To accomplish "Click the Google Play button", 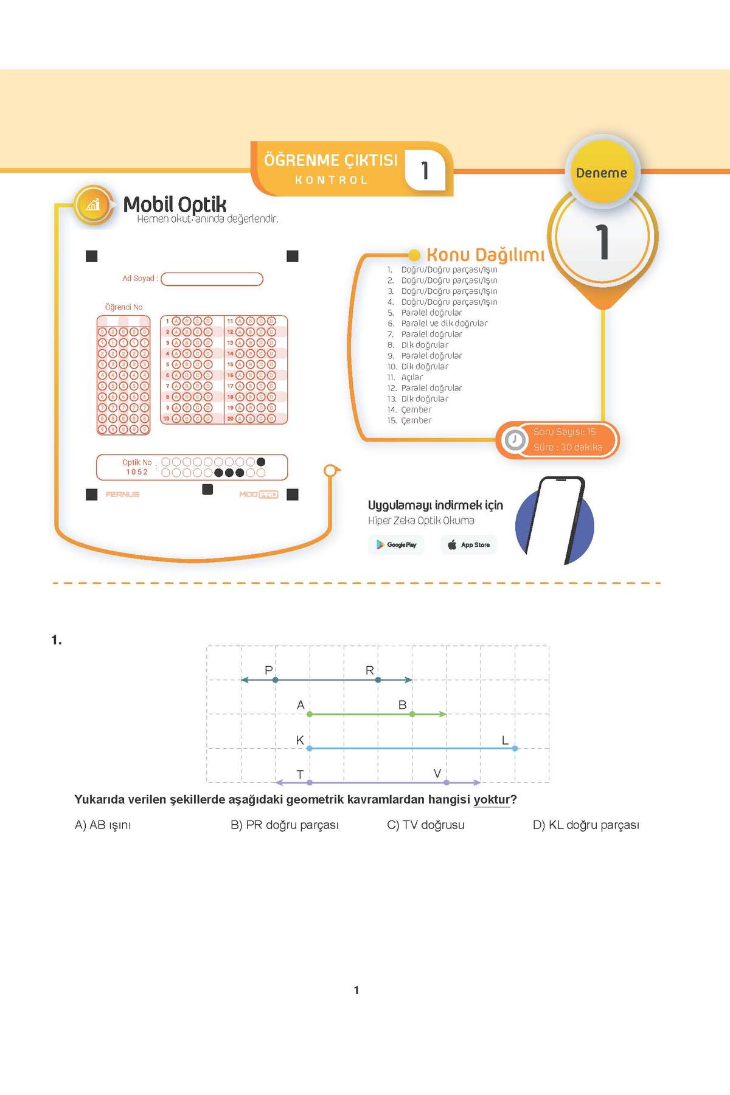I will pos(397,544).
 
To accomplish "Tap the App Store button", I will pos(468,544).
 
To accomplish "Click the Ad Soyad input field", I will pos(212,279).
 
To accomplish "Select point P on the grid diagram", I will pos(276,680).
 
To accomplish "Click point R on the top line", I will pos(378,680).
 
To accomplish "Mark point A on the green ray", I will pos(310,714).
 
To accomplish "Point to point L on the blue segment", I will pos(515,748).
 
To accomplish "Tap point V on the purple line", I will pos(447,782).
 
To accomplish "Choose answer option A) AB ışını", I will pos(103,825).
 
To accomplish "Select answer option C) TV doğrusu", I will pos(426,825).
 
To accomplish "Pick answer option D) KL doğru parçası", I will pos(586,825).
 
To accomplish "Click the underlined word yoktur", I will pos(492,799).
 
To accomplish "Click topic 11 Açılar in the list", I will pos(412,377).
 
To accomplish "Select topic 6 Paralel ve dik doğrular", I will pos(444,323).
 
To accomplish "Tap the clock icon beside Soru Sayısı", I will pos(515,439).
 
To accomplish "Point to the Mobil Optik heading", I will pos(175,204).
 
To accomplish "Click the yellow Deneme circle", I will pos(602,173).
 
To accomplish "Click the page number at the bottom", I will pos(356,990).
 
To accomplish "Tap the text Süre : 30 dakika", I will pos(568,447).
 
